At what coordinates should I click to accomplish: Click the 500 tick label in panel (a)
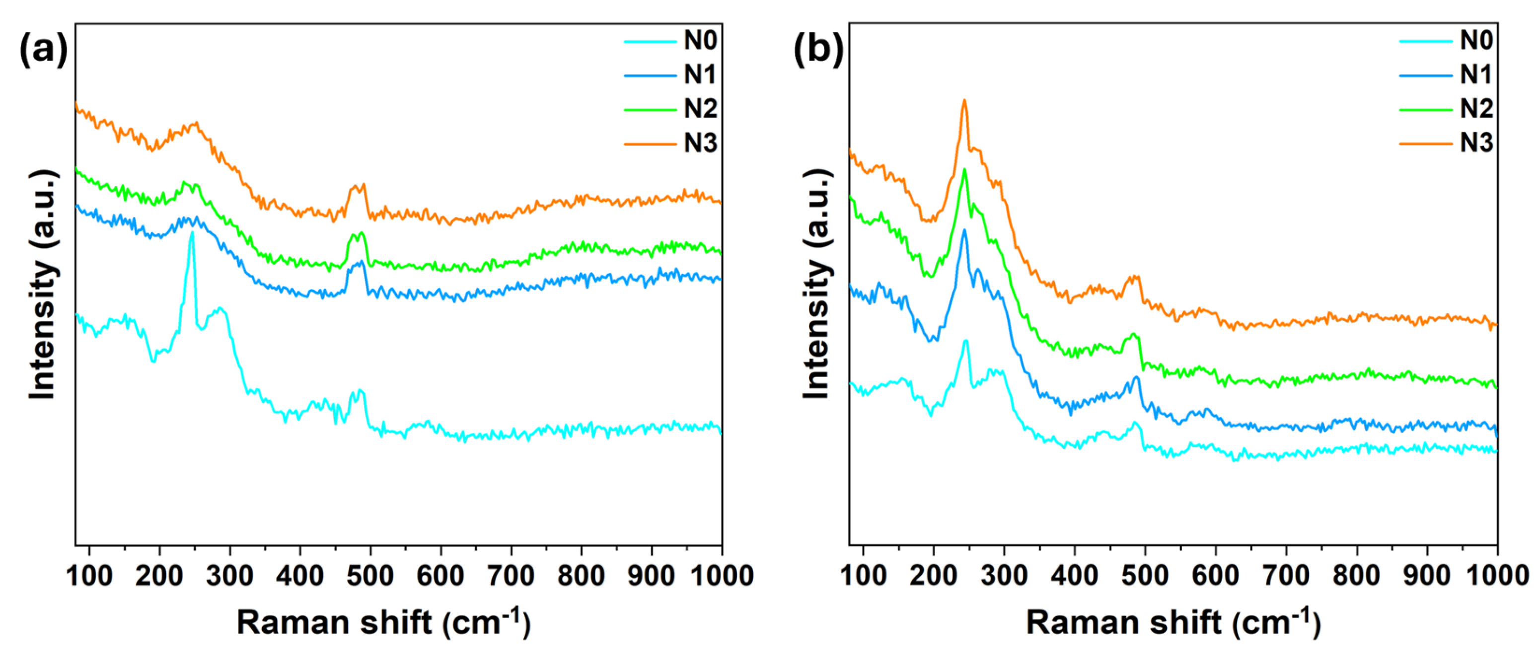click(x=370, y=576)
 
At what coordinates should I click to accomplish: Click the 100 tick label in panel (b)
click(x=863, y=576)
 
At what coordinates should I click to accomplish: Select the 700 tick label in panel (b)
click(x=1285, y=576)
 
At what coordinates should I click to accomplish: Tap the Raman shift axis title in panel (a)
click(x=383, y=623)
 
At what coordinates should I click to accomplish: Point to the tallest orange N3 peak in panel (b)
click(x=963, y=101)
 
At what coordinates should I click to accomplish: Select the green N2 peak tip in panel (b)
click(x=963, y=171)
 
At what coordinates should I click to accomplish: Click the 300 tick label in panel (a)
click(x=229, y=576)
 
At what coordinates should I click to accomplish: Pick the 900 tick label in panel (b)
click(x=1426, y=576)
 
